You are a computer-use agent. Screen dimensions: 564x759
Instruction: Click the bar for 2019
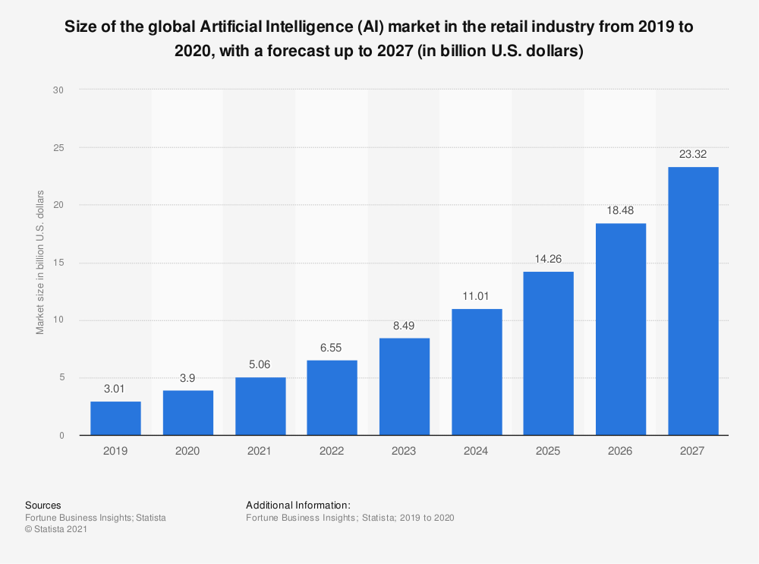(115, 418)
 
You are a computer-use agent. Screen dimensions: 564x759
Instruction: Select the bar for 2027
(693, 301)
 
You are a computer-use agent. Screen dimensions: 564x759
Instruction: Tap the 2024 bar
(477, 372)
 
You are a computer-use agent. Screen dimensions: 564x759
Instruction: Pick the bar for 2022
(332, 398)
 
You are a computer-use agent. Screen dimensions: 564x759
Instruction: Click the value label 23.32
(693, 154)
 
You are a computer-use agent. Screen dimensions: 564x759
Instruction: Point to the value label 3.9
(187, 378)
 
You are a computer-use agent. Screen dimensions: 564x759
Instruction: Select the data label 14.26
(548, 259)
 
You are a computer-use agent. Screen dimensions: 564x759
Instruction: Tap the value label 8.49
(404, 326)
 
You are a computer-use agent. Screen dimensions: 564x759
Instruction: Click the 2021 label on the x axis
(260, 451)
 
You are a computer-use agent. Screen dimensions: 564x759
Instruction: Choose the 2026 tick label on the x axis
(621, 451)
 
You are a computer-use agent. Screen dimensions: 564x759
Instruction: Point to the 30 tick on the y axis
(58, 90)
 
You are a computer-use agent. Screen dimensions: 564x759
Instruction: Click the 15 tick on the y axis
(58, 263)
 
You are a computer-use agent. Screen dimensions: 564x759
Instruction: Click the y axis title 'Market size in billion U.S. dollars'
(40, 263)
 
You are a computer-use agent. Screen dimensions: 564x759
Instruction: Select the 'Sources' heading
(43, 505)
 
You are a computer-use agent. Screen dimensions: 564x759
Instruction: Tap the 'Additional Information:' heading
(298, 505)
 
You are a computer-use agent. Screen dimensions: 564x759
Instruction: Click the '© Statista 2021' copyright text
(56, 530)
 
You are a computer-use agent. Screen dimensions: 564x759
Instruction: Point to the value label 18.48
(621, 210)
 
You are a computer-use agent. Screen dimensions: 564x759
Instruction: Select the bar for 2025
(548, 353)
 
